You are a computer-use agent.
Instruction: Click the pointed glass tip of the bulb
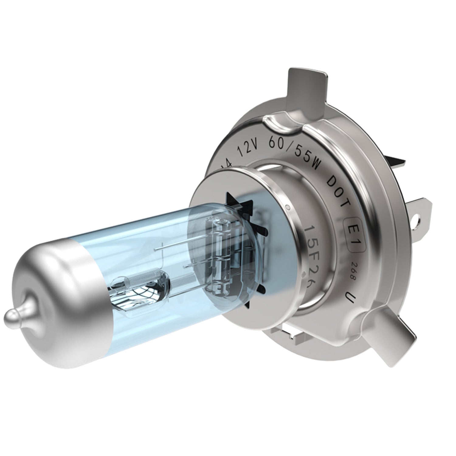click(12, 316)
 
